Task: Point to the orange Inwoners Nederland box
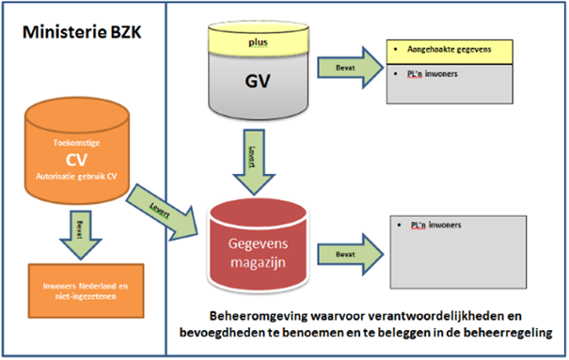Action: click(78, 289)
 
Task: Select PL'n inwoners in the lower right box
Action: click(435, 226)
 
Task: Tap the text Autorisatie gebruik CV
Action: click(78, 175)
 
